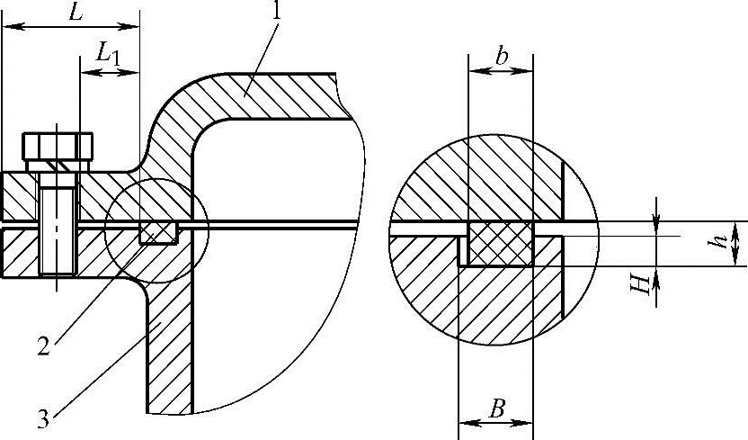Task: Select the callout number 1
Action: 278,13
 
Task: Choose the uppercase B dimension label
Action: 495,409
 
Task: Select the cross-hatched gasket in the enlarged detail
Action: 501,244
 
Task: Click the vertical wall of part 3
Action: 169,360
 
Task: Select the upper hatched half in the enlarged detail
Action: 476,180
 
